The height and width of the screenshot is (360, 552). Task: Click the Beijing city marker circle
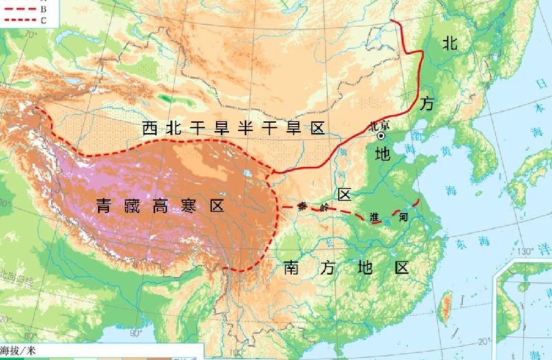[380, 137]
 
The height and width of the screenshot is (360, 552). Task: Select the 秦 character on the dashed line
[302, 206]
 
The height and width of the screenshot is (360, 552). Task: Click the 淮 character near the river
[375, 217]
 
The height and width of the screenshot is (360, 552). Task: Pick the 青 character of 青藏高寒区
[103, 206]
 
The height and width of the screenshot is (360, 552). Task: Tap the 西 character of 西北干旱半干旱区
[150, 128]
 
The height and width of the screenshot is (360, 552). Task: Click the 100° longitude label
[237, 352]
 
